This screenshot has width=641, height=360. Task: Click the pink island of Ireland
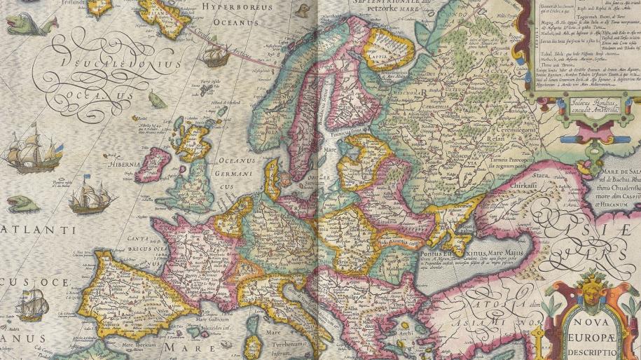click(x=155, y=165)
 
